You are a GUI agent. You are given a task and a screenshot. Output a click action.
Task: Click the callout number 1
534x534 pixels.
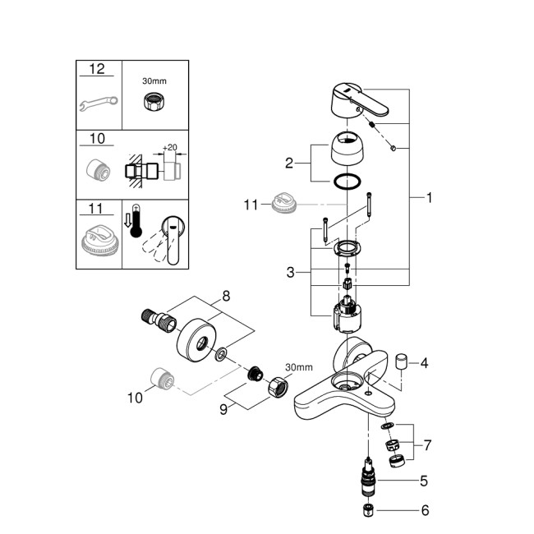tap(430, 197)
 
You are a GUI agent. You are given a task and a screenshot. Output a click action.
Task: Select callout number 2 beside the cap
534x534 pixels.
tap(288, 162)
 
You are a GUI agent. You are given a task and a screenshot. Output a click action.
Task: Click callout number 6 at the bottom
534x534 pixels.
tap(425, 510)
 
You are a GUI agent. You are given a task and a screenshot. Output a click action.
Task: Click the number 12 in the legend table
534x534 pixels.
tap(97, 70)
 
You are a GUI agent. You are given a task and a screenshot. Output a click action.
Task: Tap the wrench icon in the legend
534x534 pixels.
tap(98, 104)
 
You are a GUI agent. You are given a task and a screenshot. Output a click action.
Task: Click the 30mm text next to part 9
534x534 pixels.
tap(298, 366)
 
